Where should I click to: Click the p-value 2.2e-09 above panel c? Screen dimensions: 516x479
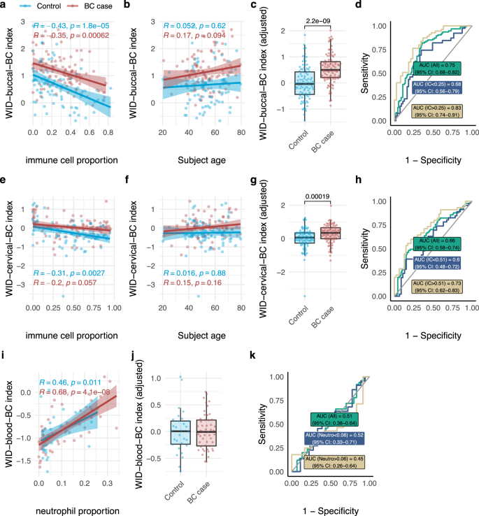coord(318,21)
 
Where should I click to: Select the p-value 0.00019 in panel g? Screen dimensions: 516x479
coord(318,197)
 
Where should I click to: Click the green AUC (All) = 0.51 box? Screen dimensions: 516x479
coord(336,420)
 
